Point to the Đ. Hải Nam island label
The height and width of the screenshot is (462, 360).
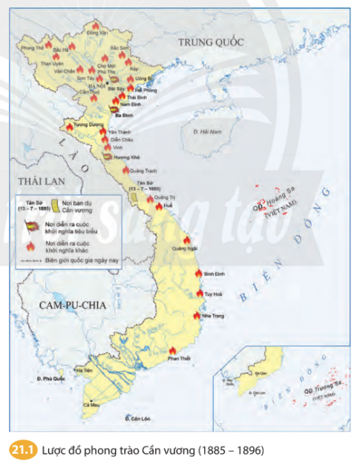click(x=207, y=131)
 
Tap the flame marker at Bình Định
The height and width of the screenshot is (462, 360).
click(x=197, y=274)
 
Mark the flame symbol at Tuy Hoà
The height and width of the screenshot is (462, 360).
click(x=200, y=292)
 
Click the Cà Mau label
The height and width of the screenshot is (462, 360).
click(x=91, y=404)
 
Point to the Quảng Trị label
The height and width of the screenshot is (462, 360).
click(x=168, y=197)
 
